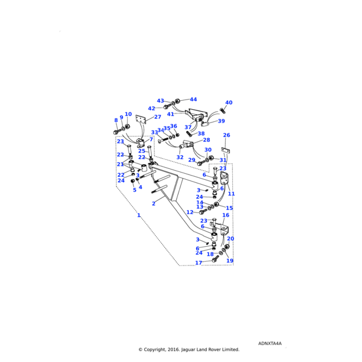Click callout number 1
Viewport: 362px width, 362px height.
138,215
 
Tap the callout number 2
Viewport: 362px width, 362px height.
153,204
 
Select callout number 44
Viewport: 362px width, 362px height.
193,100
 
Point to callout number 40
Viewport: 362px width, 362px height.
229,103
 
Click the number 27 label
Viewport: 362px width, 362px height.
157,117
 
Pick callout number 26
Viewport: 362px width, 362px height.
226,136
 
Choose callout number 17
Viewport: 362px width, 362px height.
198,263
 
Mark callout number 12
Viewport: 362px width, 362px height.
189,212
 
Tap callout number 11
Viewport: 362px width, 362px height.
231,194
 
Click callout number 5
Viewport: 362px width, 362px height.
135,190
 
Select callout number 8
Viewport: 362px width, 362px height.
116,121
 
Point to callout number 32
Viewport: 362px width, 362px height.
180,157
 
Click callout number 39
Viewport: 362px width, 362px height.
221,121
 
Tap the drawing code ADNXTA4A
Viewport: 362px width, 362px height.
270,343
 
